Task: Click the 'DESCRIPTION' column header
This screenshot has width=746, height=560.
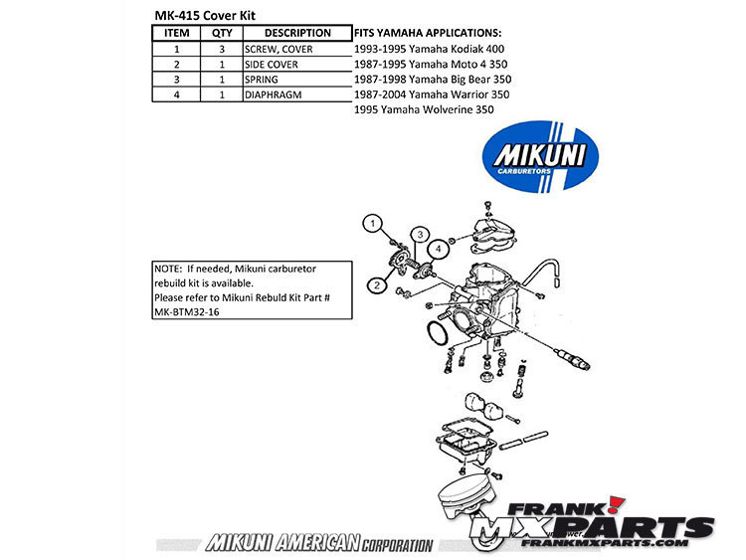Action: click(x=297, y=33)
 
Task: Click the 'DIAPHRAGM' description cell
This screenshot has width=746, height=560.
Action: click(x=272, y=94)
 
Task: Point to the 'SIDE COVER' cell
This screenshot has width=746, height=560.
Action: click(x=271, y=64)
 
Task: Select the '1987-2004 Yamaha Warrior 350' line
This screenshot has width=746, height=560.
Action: click(x=432, y=93)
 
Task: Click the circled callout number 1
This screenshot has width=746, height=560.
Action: click(x=371, y=224)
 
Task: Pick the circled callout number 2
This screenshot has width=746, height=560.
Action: click(x=377, y=284)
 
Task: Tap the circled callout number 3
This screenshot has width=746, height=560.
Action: click(x=421, y=234)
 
